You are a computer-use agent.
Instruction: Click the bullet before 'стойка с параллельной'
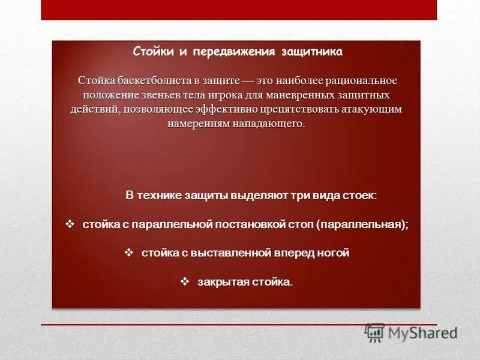tap(69, 224)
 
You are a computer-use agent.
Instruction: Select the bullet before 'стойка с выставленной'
tap(128, 253)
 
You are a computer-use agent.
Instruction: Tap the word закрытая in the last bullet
tap(220, 281)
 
